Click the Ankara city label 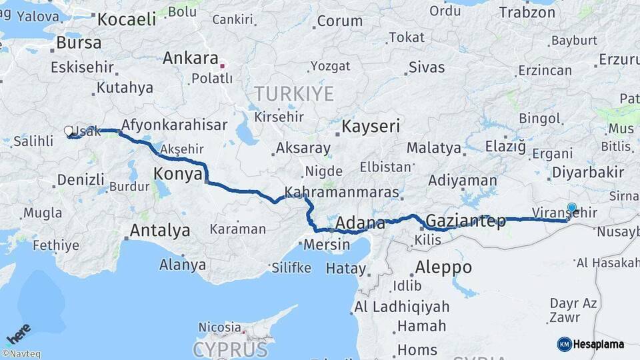[191, 57]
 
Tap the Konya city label [177, 174]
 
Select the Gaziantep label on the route [465, 221]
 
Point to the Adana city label [360, 223]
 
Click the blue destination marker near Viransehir [571, 208]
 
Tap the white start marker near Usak [69, 131]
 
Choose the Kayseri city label [371, 126]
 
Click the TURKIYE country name [293, 94]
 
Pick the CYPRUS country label [230, 349]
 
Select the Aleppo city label [443, 268]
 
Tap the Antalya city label [160, 231]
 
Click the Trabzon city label [527, 12]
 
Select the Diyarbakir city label [588, 173]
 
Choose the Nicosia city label [219, 327]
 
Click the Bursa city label [79, 43]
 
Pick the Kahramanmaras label [341, 193]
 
